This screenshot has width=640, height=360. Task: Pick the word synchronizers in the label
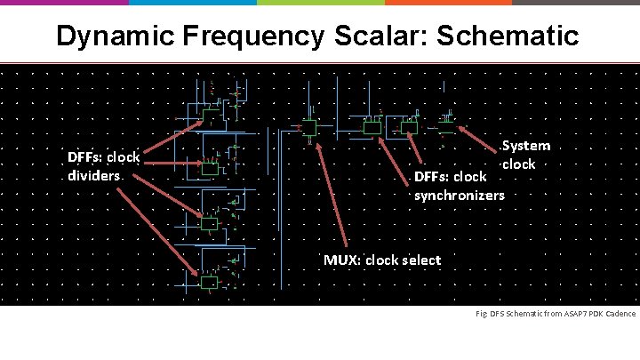459,194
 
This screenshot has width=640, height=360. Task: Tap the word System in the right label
526,146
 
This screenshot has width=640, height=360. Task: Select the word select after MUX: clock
420,260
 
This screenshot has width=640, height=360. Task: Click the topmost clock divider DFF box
211,115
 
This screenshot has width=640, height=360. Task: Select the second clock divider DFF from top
209,166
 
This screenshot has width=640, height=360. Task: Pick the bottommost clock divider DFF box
209,283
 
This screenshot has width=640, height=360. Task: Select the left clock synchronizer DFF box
372,128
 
